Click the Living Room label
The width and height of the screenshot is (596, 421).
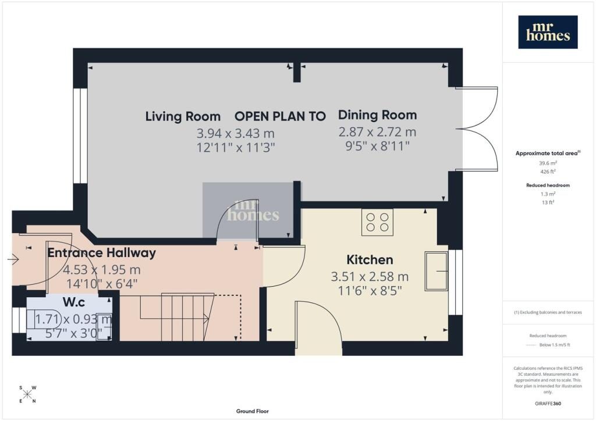[183, 116]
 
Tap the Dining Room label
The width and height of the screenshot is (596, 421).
[377, 115]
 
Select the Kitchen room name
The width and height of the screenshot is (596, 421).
[370, 260]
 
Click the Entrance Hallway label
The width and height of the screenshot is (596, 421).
[101, 253]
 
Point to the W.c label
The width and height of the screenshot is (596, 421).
[74, 302]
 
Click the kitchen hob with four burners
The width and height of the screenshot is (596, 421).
[377, 223]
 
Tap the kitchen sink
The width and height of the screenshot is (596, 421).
[437, 270]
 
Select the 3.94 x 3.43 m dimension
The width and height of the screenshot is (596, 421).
[236, 133]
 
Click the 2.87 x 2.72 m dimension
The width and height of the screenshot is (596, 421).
[377, 132]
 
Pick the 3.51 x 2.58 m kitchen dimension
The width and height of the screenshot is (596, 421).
[370, 277]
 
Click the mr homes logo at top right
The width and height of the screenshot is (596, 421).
[548, 32]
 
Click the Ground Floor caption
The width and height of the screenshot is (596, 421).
[253, 411]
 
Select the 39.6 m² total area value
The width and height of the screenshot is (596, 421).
[548, 163]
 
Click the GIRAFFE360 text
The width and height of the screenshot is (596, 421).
[548, 404]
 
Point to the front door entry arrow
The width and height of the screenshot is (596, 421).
[13, 260]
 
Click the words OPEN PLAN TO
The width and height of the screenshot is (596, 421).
[280, 116]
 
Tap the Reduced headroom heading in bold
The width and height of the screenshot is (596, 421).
[548, 185]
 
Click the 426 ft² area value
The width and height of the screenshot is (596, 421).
[548, 172]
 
